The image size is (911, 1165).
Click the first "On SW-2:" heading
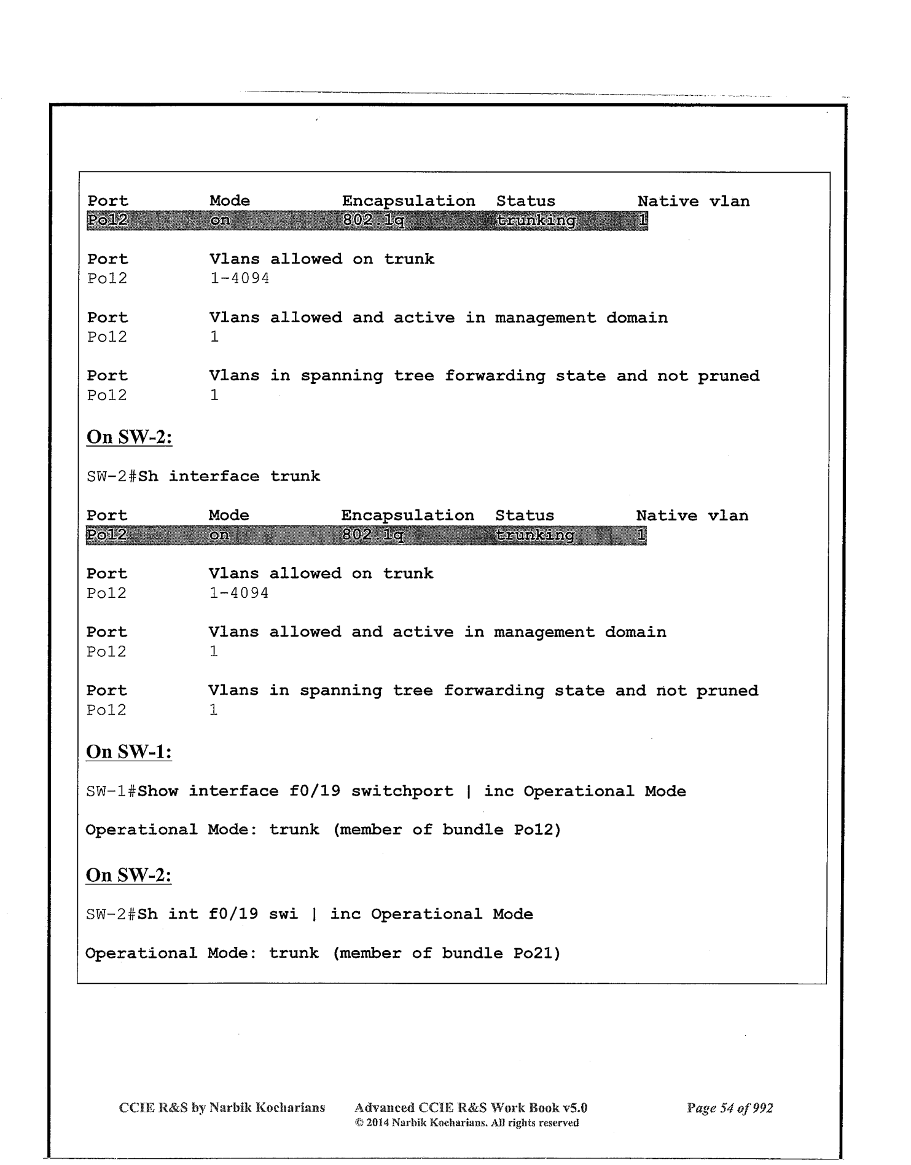pyautogui.click(x=129, y=437)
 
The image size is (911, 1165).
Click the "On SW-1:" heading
pyautogui.click(x=128, y=751)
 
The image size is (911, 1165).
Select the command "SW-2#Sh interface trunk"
pyautogui.click(x=203, y=476)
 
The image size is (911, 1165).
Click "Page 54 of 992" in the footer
pyautogui.click(x=730, y=1108)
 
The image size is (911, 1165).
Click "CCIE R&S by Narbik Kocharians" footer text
pyautogui.click(x=222, y=1108)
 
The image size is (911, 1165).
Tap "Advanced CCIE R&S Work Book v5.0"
pyautogui.click(x=471, y=1108)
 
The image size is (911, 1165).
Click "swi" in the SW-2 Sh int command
pyautogui.click(x=283, y=914)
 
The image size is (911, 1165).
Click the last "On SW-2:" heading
pyautogui.click(x=128, y=875)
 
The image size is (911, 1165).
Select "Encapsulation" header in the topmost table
pyautogui.click(x=409, y=201)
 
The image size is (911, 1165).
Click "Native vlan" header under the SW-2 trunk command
pyautogui.click(x=692, y=516)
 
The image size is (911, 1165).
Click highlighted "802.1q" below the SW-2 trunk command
pyautogui.click(x=372, y=535)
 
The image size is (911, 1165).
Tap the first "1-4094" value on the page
pyautogui.click(x=240, y=278)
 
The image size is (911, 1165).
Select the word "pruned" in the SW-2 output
pyautogui.click(x=727, y=691)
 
